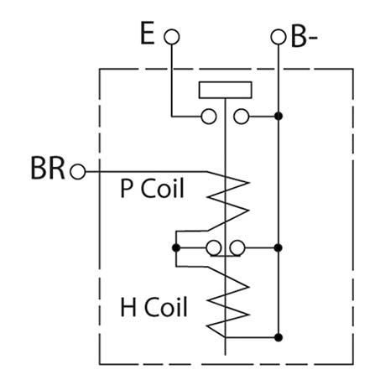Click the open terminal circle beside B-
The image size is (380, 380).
coord(278,37)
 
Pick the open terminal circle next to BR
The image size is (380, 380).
coord(79,171)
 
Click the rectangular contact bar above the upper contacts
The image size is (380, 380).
coord(226,90)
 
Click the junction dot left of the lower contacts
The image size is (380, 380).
coord(175,247)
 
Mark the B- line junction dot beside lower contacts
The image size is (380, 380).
coord(278,247)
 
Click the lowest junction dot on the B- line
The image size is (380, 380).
coord(278,336)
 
